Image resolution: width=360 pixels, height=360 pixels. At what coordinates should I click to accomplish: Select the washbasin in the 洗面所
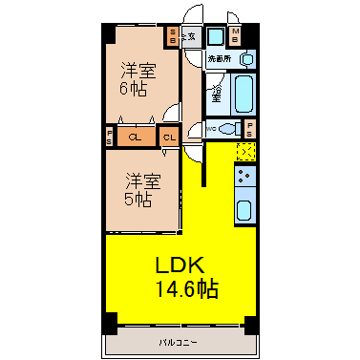coord(246,59)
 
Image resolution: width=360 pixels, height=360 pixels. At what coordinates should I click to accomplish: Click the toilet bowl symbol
coord(227,128)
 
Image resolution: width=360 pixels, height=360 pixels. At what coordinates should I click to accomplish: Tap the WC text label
coord(210,128)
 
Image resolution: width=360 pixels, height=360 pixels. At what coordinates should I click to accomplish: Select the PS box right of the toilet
coord(249,129)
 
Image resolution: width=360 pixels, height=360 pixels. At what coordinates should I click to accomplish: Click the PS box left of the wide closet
coord(111,137)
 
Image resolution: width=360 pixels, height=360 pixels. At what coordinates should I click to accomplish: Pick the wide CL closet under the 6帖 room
coord(135,137)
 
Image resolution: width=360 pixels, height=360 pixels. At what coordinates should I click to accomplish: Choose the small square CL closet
coord(170,137)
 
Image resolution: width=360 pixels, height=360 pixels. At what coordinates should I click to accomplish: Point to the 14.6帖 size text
coord(182,286)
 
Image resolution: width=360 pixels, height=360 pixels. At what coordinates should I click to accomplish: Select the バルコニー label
coord(179,341)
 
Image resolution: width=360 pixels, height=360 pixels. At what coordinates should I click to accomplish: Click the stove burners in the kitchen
coord(244,177)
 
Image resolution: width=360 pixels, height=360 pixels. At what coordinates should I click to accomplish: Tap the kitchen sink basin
coord(244,211)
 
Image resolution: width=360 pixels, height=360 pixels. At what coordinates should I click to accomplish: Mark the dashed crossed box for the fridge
coord(245,151)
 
